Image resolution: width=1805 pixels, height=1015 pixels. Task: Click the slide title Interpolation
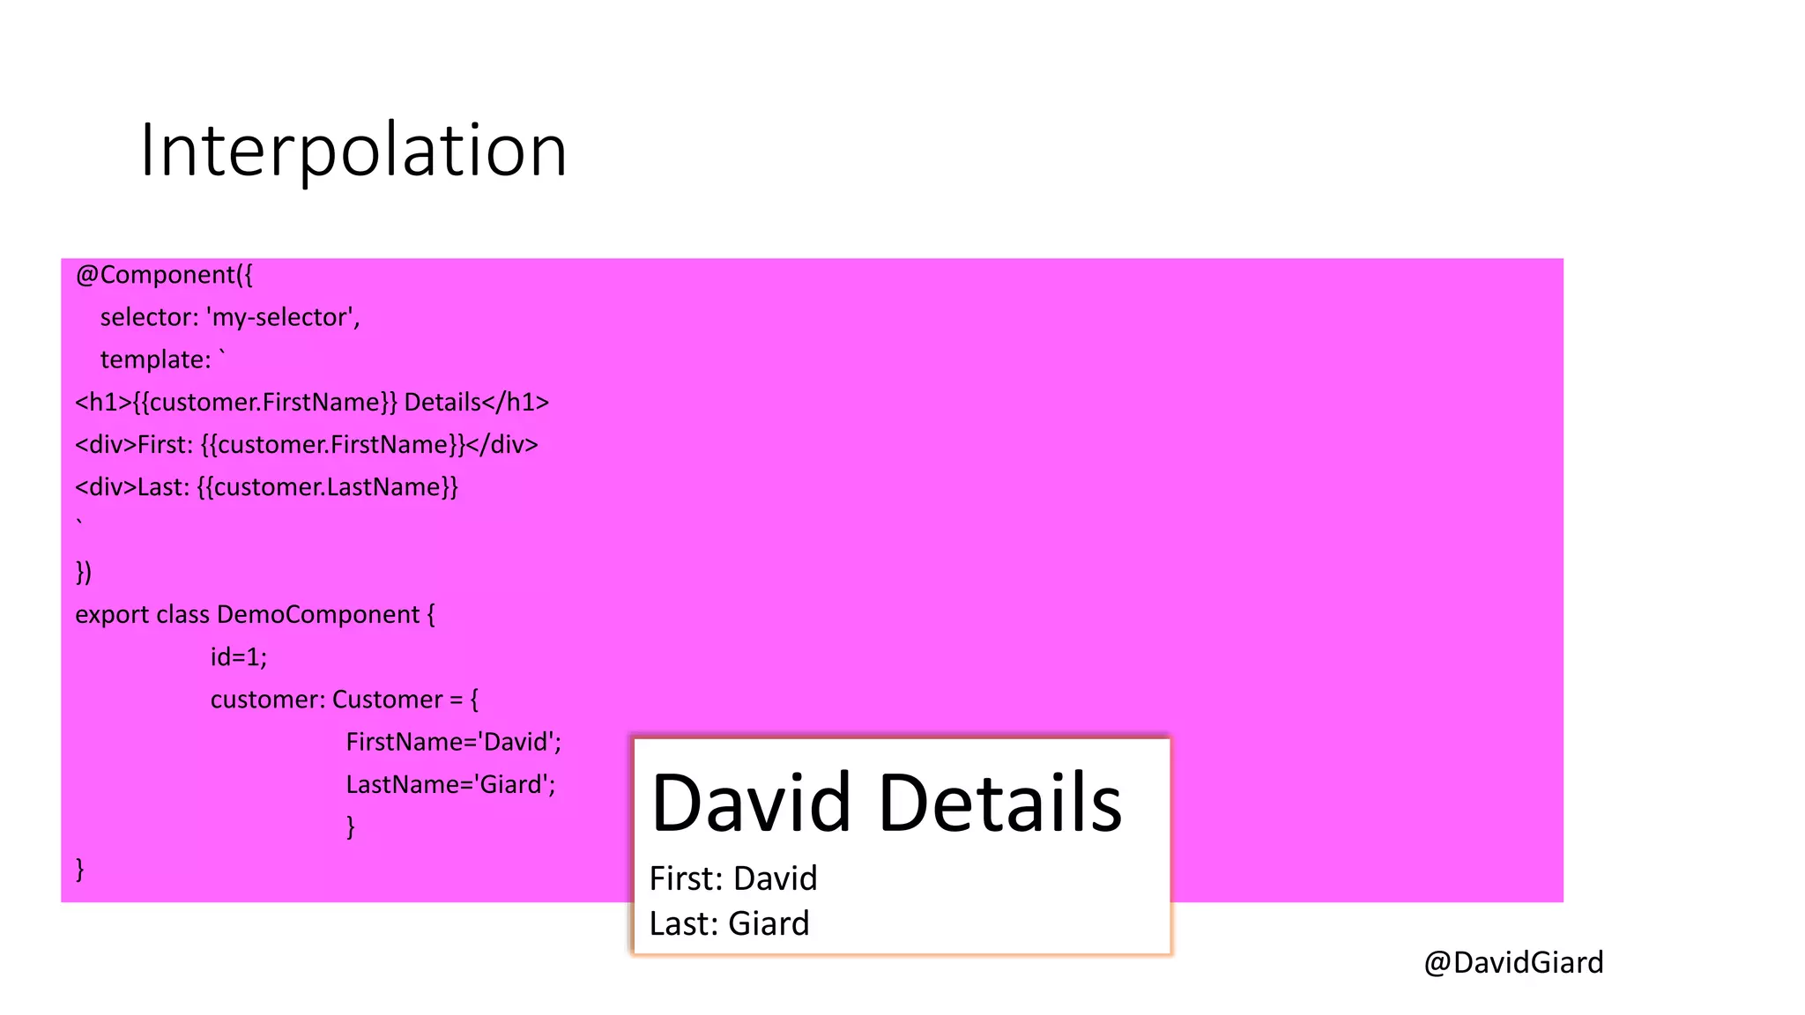click(x=353, y=151)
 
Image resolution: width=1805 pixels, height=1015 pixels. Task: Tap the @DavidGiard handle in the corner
click(x=1513, y=962)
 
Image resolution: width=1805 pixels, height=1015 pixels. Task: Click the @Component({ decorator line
click(x=164, y=275)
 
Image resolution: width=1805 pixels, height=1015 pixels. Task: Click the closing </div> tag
click(x=501, y=445)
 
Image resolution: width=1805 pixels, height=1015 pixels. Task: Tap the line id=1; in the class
click(x=238, y=657)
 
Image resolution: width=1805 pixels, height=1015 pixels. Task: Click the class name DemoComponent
click(x=318, y=615)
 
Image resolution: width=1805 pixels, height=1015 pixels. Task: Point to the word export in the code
click(x=112, y=615)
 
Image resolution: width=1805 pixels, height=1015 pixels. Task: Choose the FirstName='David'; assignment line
click(x=453, y=742)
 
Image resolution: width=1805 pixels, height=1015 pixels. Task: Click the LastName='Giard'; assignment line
click(x=450, y=784)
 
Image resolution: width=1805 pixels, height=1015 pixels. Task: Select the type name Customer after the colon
click(x=387, y=700)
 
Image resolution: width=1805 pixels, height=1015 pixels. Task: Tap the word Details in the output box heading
click(x=1000, y=803)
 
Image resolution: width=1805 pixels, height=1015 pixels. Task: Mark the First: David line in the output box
click(x=733, y=878)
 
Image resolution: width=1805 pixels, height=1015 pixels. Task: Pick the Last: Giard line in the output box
click(x=729, y=923)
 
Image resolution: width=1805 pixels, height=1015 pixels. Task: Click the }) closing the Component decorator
click(x=84, y=573)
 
